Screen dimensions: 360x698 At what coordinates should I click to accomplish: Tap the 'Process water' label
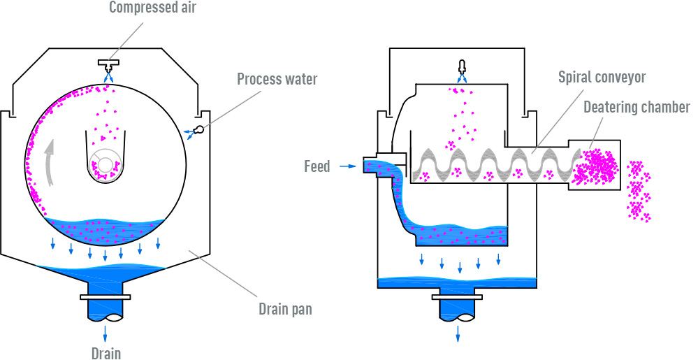[277, 78]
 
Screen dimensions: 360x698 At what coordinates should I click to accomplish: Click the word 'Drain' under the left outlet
[106, 352]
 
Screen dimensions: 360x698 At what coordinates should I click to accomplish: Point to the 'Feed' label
[317, 166]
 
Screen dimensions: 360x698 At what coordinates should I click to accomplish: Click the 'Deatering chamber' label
[636, 107]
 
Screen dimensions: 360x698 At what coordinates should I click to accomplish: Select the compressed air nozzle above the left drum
[107, 66]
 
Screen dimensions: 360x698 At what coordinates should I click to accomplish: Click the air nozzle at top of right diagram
[460, 67]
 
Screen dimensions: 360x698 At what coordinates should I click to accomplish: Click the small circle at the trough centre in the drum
[105, 164]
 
